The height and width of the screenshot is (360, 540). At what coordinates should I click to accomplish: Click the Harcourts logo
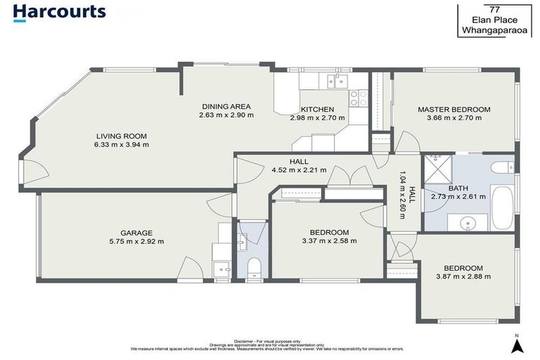[59, 12]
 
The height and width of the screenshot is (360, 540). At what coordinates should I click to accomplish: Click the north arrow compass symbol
[517, 345]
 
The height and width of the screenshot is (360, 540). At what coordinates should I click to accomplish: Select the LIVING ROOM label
[122, 136]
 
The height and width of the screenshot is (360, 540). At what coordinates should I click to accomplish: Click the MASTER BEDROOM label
[454, 110]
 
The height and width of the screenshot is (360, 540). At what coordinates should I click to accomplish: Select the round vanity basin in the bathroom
[469, 223]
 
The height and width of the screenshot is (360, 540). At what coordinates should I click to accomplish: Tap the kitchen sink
[333, 80]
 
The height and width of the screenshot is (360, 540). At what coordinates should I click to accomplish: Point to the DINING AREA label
[226, 106]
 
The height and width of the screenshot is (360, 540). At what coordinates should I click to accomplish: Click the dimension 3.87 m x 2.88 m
[463, 276]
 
